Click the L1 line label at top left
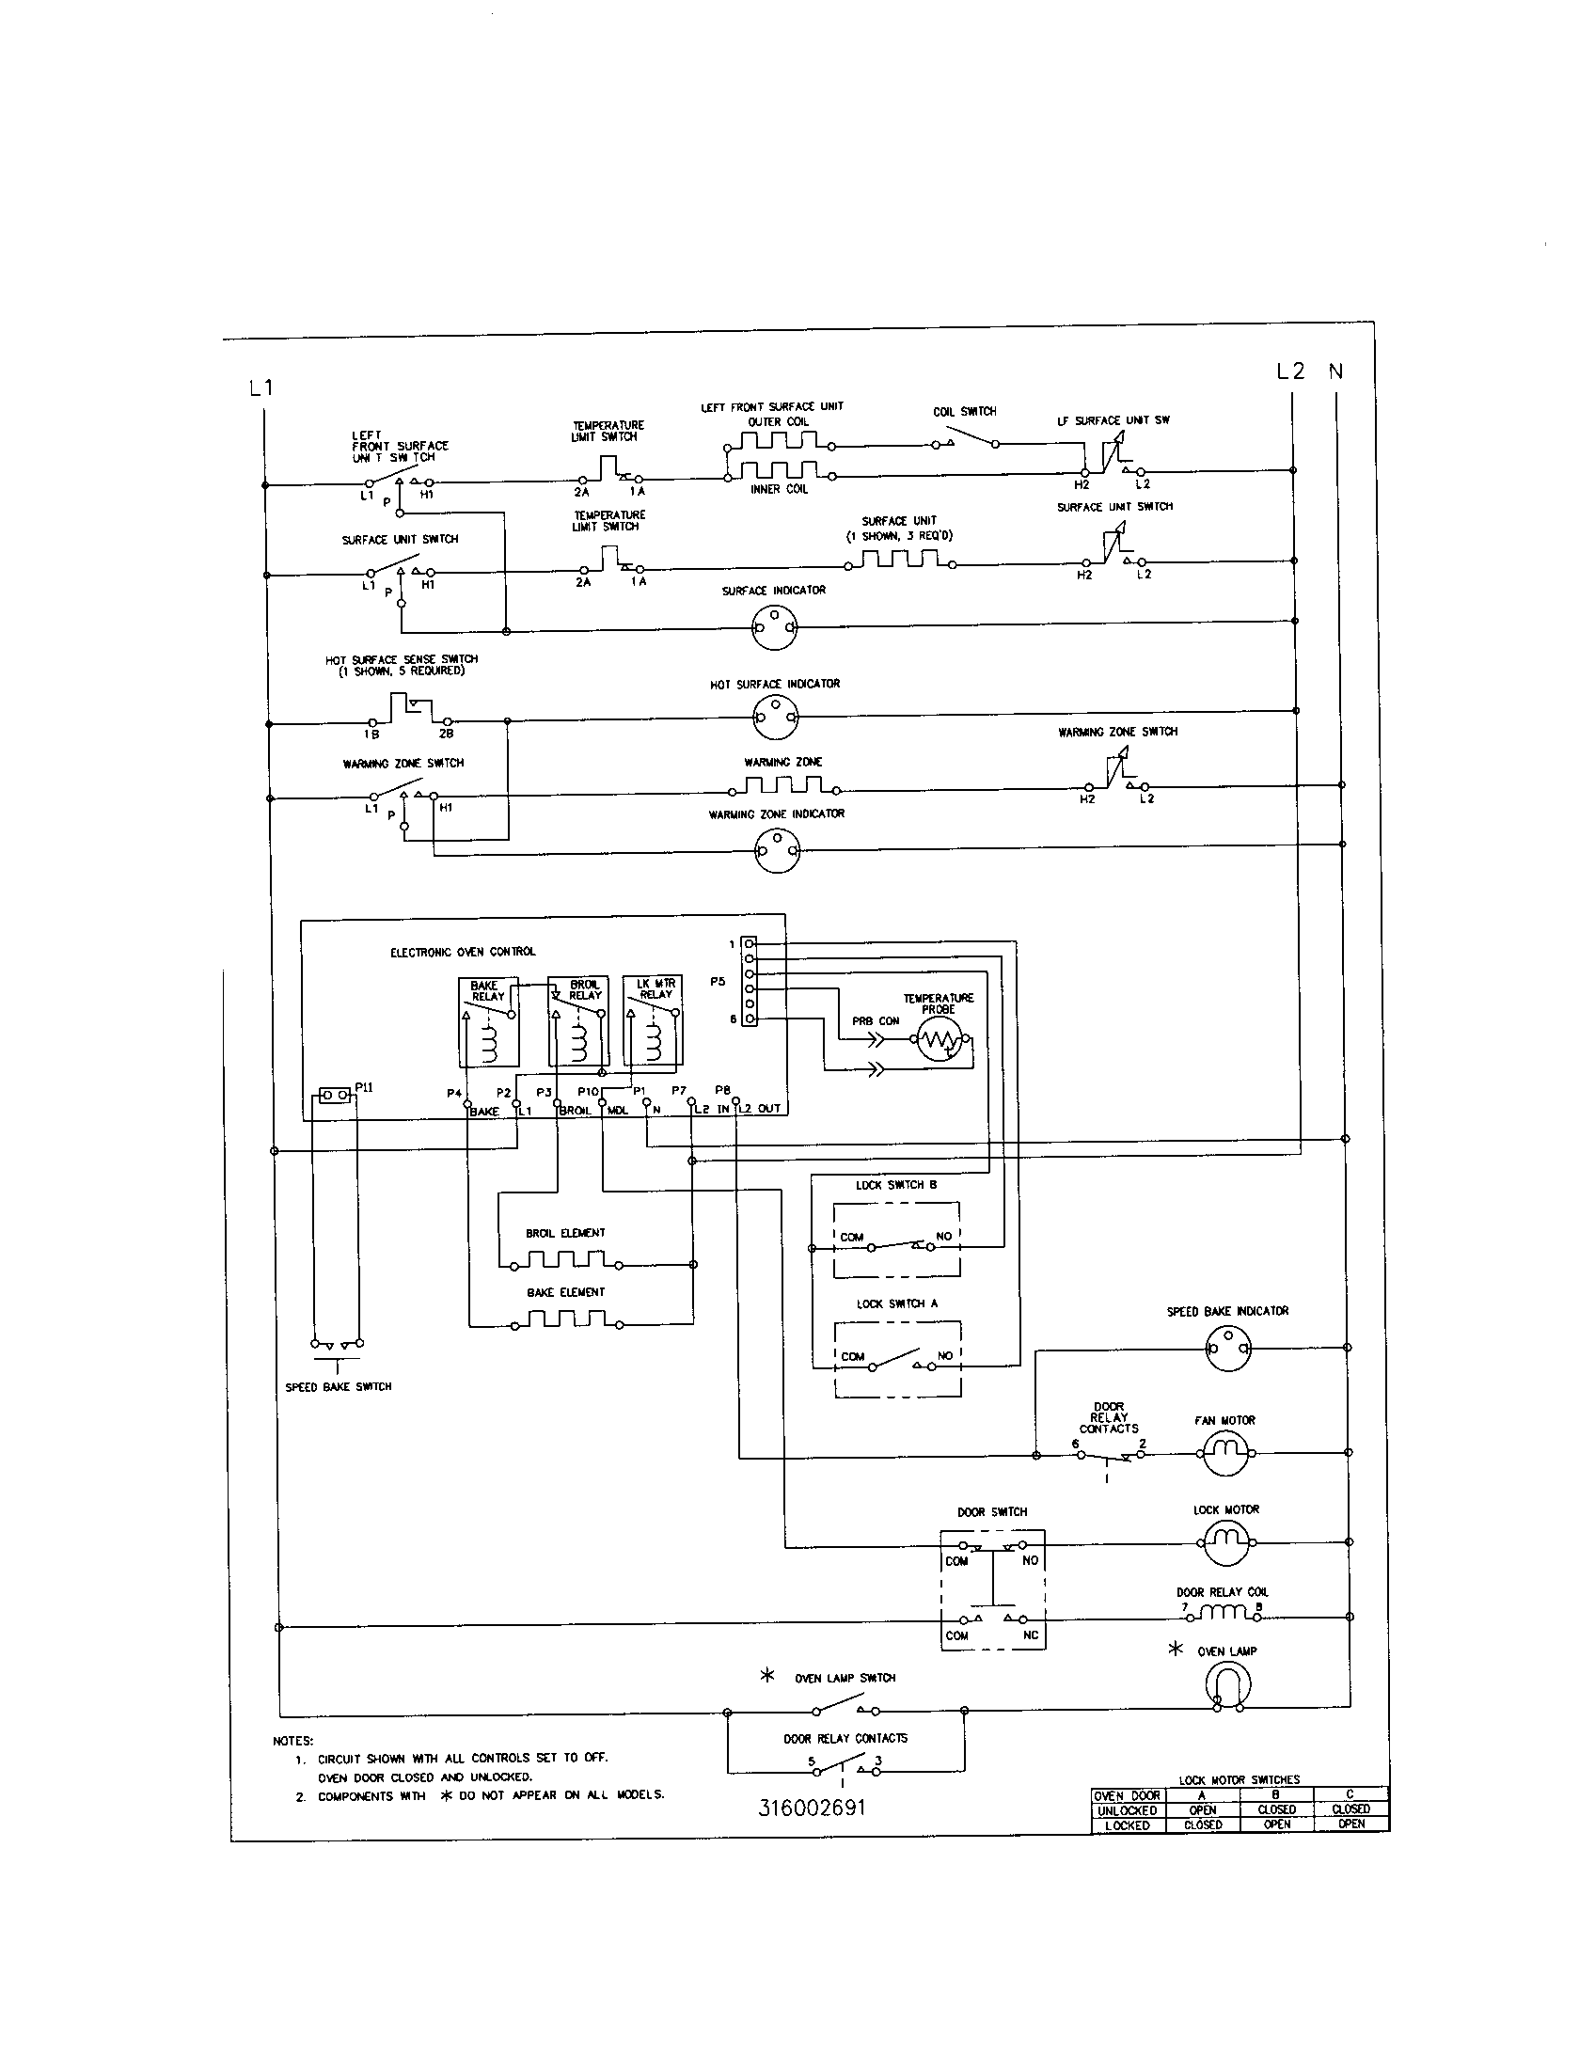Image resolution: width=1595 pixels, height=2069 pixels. pos(261,387)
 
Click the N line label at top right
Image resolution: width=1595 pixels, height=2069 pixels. pos(1335,371)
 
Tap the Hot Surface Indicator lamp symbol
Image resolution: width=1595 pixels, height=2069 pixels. pos(776,719)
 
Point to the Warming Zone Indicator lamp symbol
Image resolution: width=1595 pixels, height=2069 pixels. pos(777,851)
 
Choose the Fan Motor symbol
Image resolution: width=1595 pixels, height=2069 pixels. pos(1226,1451)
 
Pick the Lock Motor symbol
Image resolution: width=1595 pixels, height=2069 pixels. pos(1226,1542)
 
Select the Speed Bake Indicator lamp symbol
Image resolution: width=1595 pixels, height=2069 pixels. pos(1227,1347)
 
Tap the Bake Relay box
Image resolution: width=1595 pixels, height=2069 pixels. pos(488,1021)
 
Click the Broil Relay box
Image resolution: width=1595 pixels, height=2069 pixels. pos(576,1021)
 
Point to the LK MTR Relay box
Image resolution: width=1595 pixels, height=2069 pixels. pos(652,1021)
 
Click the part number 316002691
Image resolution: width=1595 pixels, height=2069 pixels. pos(812,1808)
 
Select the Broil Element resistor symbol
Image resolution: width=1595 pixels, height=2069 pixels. pos(566,1261)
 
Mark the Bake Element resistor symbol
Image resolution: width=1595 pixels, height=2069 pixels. pos(566,1319)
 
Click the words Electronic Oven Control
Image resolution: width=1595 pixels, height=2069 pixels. pos(462,952)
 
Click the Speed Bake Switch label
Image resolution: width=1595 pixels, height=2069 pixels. pos(339,1387)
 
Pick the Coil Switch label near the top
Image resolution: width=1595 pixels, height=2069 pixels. pos(964,412)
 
